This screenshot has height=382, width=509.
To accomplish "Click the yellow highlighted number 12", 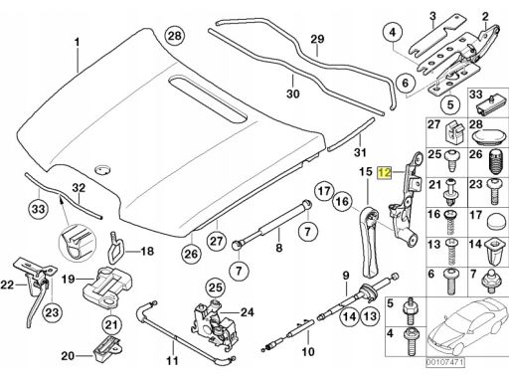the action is [x=385, y=173].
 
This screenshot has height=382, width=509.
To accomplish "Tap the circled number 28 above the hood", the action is [x=175, y=35].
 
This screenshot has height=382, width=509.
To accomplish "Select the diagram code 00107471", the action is [x=445, y=361].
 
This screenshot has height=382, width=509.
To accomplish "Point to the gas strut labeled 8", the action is [x=272, y=223].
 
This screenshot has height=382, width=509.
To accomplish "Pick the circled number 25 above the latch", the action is [x=216, y=287].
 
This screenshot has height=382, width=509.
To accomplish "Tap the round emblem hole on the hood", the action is [x=103, y=169].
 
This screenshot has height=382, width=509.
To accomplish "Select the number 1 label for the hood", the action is [x=78, y=43].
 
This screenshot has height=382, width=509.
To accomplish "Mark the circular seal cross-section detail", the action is [x=77, y=241].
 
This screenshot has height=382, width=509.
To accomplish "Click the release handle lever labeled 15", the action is [x=369, y=241].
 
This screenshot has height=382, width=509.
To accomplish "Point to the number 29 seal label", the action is [x=317, y=40].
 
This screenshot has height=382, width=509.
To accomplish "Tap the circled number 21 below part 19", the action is [x=111, y=324].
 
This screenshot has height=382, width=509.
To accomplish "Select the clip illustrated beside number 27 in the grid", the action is [x=453, y=130].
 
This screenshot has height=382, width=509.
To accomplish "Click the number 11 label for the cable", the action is [x=172, y=360].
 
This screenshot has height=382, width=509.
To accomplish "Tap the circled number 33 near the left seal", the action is [x=38, y=210].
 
